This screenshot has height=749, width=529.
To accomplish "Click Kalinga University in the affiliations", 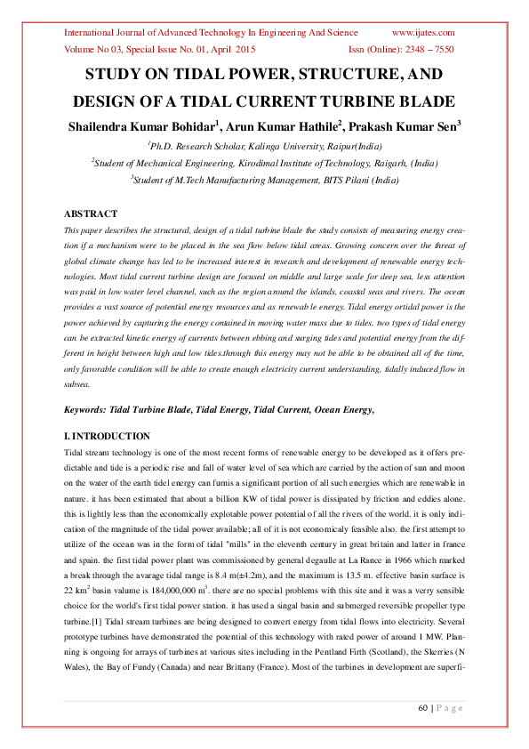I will [x=270, y=147].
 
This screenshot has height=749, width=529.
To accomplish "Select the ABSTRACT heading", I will [x=91, y=214].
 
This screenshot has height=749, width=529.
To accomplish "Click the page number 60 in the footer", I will [x=423, y=708].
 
